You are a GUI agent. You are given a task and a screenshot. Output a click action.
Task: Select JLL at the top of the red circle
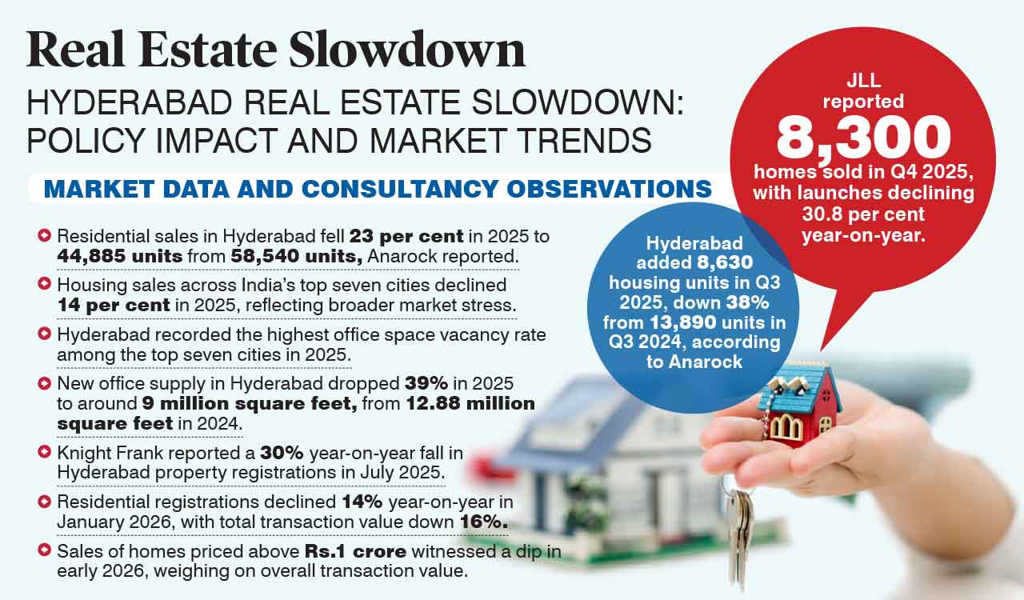point(863,81)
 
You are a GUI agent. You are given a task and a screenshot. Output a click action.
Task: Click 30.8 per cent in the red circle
point(862,214)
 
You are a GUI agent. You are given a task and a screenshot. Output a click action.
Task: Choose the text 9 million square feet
point(249,402)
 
